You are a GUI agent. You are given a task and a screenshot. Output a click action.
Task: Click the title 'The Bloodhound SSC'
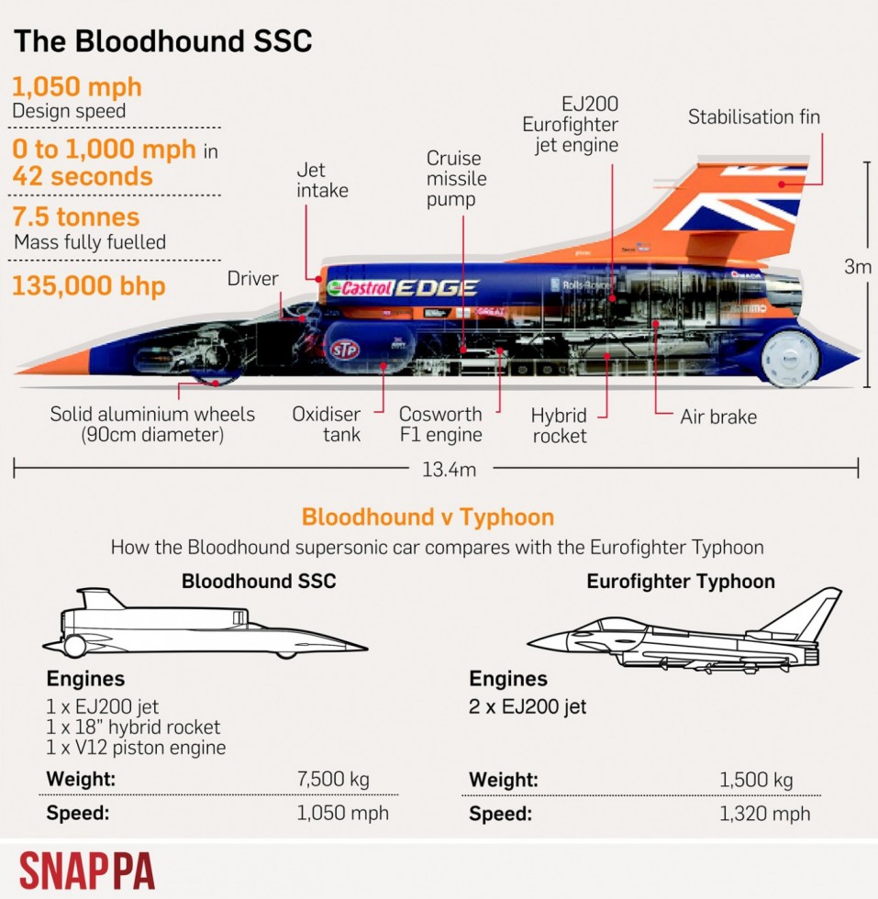163,42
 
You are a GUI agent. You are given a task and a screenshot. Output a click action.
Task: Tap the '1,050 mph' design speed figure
77,87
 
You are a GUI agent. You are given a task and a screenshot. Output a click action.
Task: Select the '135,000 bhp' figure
89,285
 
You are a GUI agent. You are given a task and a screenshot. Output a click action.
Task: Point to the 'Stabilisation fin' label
753,117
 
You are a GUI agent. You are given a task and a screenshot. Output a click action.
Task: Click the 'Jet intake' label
322,180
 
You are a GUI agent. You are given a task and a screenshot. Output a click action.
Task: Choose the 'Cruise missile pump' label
457,178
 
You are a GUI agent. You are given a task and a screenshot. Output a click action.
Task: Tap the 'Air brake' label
718,416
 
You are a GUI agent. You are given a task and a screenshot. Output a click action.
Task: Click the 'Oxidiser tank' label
327,424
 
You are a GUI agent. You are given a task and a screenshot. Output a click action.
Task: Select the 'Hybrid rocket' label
559,426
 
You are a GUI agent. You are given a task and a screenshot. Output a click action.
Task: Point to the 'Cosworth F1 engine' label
440,424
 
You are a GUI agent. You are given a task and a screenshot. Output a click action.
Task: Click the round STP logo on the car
345,350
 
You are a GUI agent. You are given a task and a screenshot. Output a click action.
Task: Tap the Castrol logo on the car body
361,287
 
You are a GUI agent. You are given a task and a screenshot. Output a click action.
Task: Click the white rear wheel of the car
790,358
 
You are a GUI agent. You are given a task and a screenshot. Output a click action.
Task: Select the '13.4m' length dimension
449,470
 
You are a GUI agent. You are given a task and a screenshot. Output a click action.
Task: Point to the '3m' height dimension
857,267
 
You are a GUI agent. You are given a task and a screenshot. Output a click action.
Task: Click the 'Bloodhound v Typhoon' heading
428,517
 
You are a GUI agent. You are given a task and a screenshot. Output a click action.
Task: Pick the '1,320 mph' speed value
764,814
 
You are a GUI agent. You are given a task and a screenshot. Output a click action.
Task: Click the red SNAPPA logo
87,871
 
